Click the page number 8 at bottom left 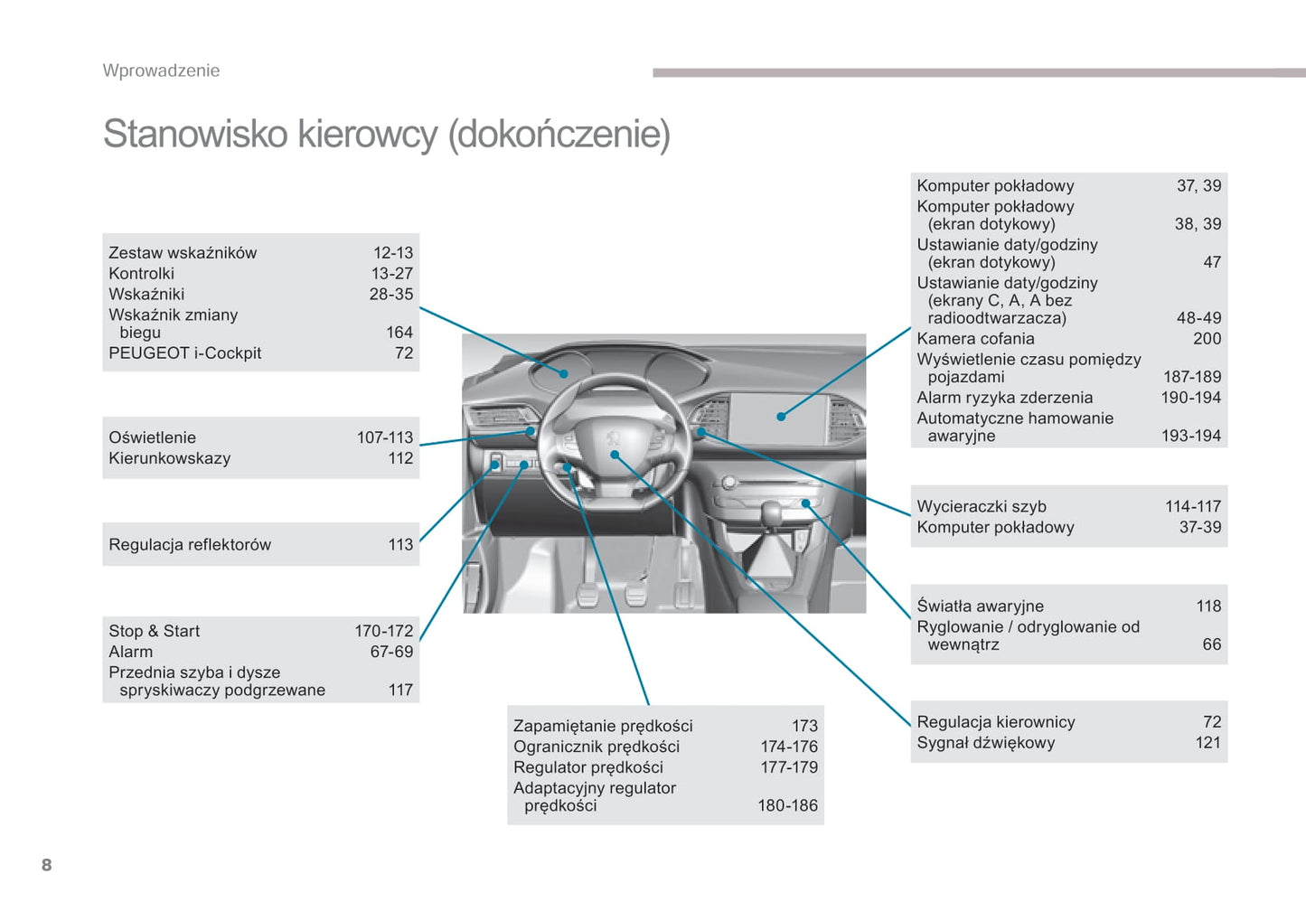pyautogui.click(x=46, y=865)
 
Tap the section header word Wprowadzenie pyautogui.click(x=161, y=70)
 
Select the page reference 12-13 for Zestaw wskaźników pyautogui.click(x=393, y=253)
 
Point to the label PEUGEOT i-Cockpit pyautogui.click(x=184, y=353)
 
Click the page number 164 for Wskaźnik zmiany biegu pyautogui.click(x=399, y=333)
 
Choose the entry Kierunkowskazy pyautogui.click(x=169, y=458)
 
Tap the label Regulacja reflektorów pyautogui.click(x=190, y=545)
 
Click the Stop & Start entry pyautogui.click(x=154, y=631)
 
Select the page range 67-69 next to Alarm pyautogui.click(x=391, y=652)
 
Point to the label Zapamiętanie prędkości pyautogui.click(x=603, y=726)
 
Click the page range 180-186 pyautogui.click(x=787, y=805)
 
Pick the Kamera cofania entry pyautogui.click(x=975, y=339)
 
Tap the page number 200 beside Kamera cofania pyautogui.click(x=1207, y=339)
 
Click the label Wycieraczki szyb pyautogui.click(x=982, y=507)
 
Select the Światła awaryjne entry pyautogui.click(x=980, y=606)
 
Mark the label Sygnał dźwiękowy pyautogui.click(x=985, y=743)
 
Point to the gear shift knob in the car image pyautogui.click(x=771, y=512)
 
